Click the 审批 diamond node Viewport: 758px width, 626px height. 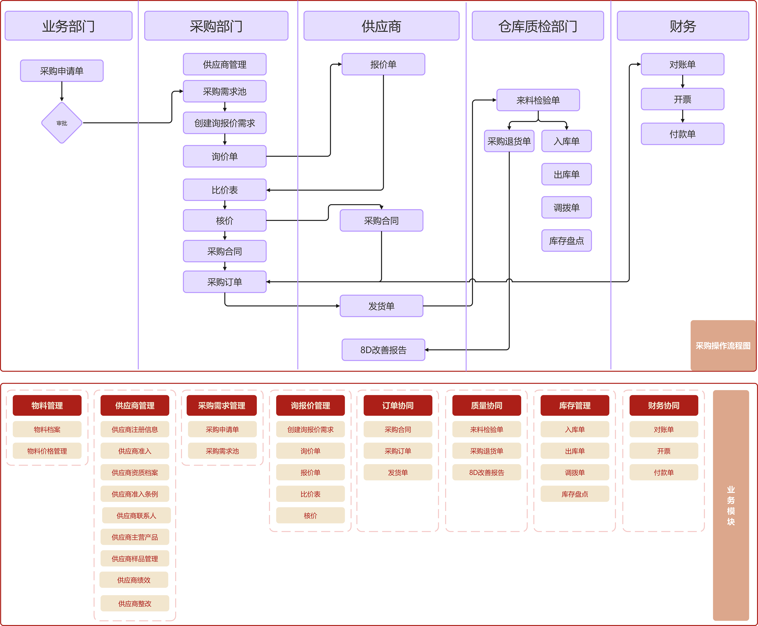62,123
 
